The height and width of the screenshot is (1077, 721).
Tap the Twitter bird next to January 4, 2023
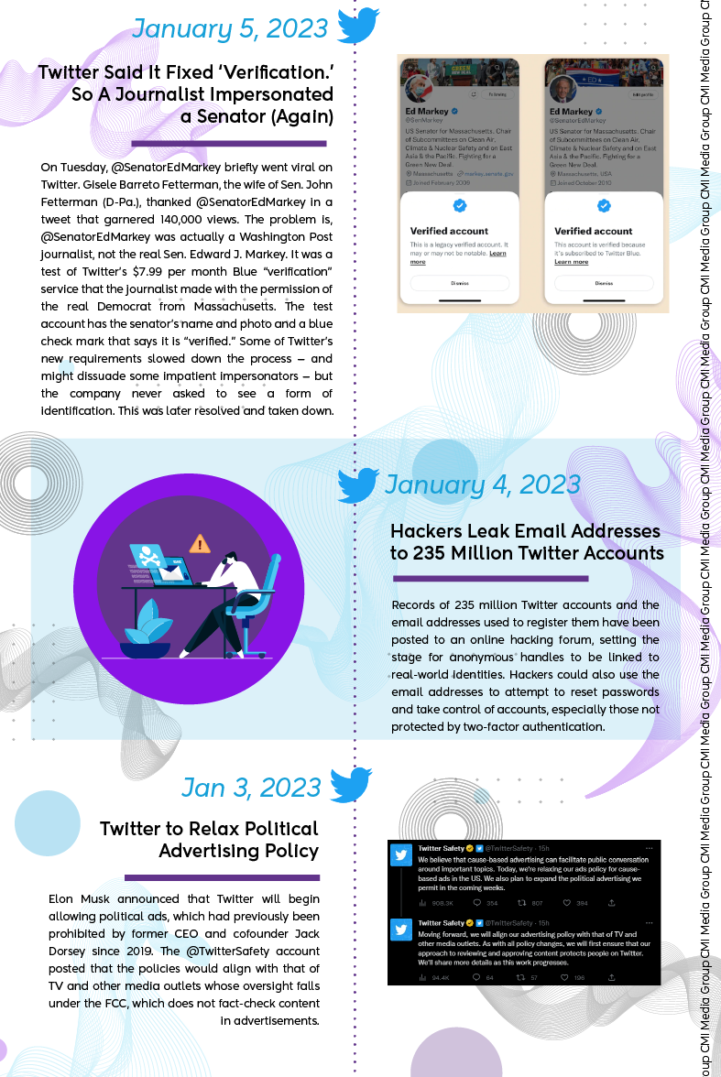358,484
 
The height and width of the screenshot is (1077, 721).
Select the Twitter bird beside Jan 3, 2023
350,785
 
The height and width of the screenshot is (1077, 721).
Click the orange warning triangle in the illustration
199,544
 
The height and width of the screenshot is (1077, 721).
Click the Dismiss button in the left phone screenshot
460,283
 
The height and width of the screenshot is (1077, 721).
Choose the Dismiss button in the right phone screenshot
604,283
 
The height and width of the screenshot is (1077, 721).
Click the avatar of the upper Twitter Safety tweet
401,855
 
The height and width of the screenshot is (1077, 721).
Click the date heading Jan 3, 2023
251,788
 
